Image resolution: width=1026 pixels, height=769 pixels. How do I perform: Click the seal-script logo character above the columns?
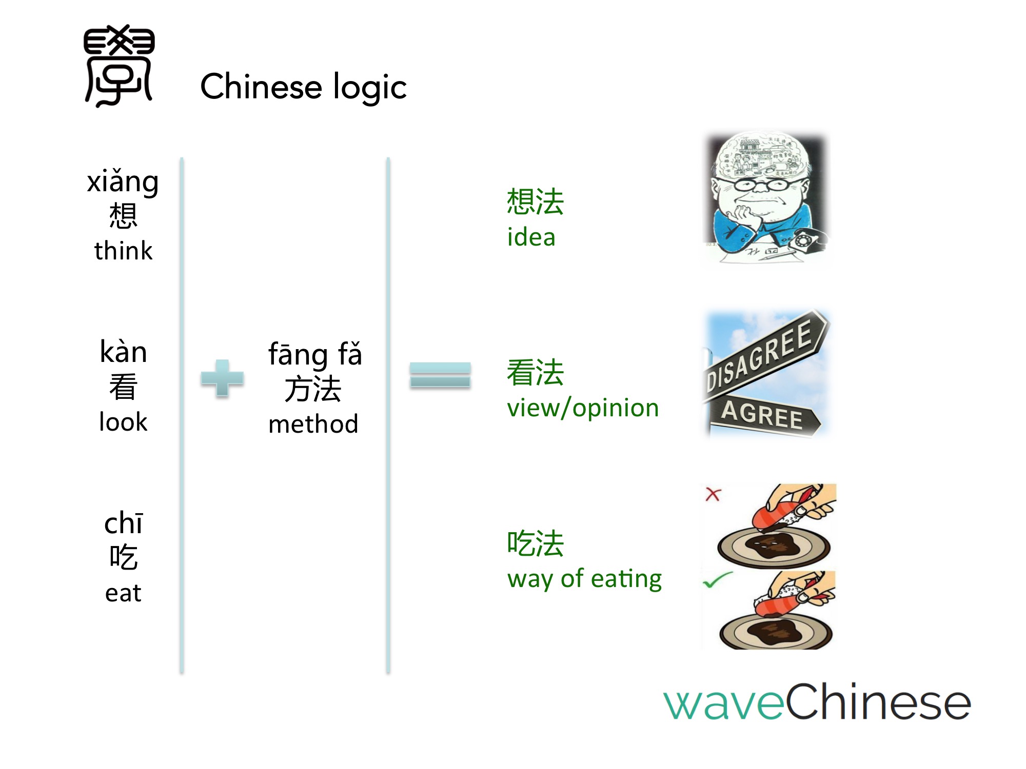119,66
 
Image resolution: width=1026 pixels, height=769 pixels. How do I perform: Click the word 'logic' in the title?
370,87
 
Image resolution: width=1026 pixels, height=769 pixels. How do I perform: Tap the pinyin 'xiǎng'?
123,183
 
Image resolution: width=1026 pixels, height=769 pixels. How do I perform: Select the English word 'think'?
123,251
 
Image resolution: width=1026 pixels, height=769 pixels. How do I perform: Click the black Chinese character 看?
123,387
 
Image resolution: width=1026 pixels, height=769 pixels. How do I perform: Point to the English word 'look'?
123,422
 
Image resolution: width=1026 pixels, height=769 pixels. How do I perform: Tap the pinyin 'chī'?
123,523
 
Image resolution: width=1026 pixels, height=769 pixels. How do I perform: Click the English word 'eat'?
123,593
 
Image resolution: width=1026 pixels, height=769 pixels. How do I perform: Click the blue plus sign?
222,378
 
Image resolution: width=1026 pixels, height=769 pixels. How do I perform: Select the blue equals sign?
440,375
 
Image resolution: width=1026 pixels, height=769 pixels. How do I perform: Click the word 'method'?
313,424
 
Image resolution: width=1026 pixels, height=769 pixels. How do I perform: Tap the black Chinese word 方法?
313,389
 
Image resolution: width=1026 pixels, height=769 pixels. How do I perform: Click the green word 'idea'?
531,237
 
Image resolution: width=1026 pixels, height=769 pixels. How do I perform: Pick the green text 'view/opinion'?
583,409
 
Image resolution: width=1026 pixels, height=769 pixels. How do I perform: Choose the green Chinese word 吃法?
536,543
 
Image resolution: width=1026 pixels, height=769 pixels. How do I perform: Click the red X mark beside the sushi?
713,494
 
